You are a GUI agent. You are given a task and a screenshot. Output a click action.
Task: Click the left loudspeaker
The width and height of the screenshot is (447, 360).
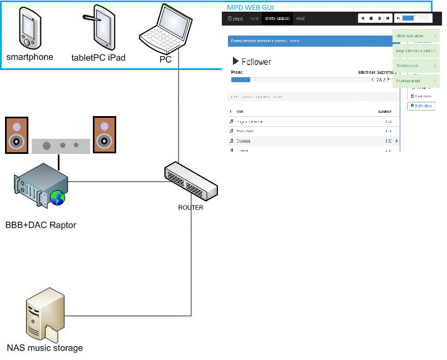point(16,134)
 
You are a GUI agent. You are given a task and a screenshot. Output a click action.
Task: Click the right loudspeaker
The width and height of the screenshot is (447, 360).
point(104,134)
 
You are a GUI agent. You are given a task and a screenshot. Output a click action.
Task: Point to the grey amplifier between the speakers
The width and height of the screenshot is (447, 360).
point(61,146)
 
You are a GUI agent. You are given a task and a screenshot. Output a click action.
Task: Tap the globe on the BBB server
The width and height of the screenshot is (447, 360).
point(57,197)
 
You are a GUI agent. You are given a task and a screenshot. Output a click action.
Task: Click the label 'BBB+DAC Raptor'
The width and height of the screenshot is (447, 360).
point(41,225)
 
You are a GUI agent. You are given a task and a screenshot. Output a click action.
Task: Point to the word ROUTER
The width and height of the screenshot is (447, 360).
point(191,208)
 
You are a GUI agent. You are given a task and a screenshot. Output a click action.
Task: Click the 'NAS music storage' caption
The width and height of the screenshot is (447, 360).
point(44,348)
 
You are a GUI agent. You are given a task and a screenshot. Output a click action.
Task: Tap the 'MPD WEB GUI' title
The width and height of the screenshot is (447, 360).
point(250,7)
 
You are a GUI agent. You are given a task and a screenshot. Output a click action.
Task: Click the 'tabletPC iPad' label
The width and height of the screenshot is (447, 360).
point(98,57)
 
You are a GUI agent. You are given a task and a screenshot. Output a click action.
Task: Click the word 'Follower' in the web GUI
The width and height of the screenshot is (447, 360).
point(256,62)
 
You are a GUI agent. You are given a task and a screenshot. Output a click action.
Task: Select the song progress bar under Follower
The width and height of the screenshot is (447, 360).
point(300,80)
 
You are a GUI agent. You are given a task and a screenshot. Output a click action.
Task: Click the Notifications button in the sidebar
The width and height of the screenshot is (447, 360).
point(421,106)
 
